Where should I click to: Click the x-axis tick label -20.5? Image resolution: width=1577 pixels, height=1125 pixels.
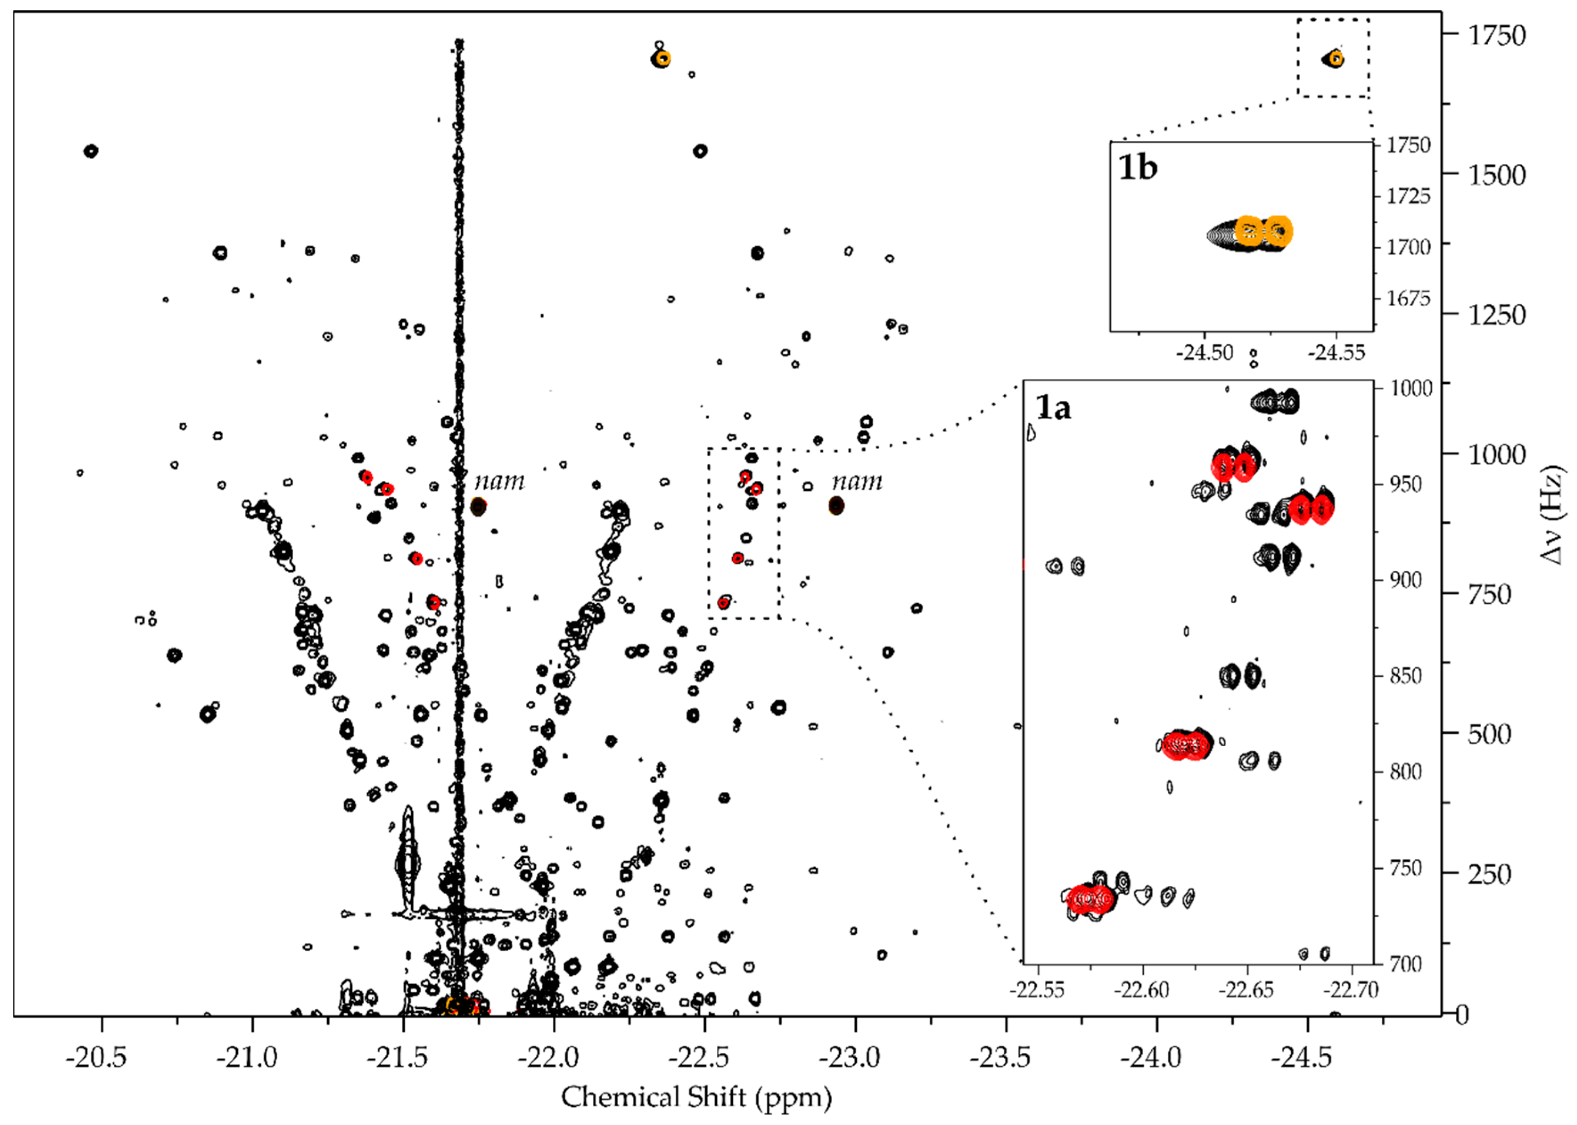coord(96,1058)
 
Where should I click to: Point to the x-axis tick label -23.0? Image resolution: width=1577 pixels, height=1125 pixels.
coord(850,1058)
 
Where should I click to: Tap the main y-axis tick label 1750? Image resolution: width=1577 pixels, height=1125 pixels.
coord(1497,35)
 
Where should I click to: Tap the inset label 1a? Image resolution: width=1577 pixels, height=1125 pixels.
coord(1052,407)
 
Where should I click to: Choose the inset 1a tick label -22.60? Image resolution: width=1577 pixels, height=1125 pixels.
coord(1142,989)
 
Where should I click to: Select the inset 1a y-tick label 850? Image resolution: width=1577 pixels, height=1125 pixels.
coord(1405,675)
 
